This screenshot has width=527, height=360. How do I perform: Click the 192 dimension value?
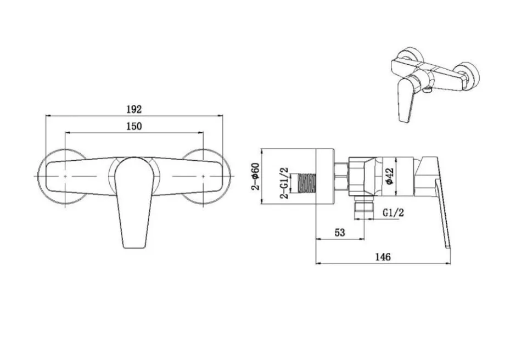[134, 109]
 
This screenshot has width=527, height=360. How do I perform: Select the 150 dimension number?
[134, 126]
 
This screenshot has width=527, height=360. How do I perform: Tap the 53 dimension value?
[340, 233]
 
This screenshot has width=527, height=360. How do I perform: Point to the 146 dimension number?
[383, 257]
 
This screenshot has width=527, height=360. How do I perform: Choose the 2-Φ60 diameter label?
[256, 176]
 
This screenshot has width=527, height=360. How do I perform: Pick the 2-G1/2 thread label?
[285, 183]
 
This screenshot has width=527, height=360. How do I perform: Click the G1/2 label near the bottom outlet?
[394, 212]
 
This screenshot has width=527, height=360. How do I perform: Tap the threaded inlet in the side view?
[307, 183]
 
